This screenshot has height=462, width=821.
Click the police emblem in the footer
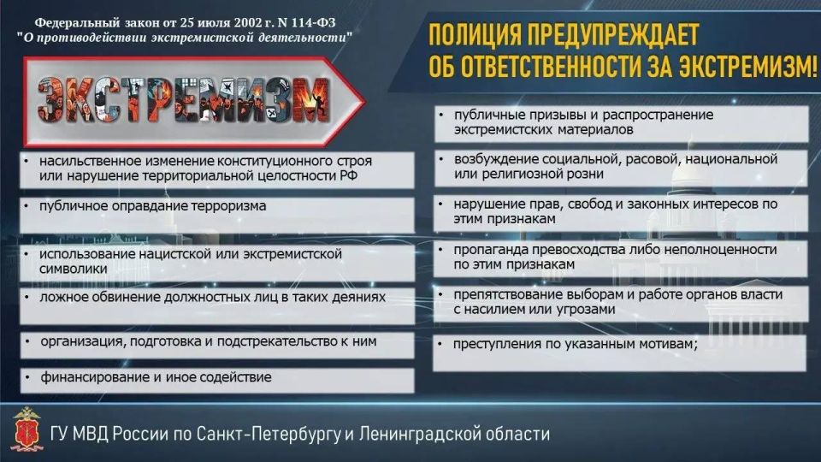(x=27, y=429)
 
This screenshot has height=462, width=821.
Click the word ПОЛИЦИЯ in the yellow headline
(x=475, y=35)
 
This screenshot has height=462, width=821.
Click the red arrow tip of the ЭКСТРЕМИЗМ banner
(x=363, y=102)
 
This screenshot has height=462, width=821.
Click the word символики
(x=74, y=269)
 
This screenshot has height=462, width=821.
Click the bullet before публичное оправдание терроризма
(x=27, y=206)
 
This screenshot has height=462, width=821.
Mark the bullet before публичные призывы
(x=441, y=115)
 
